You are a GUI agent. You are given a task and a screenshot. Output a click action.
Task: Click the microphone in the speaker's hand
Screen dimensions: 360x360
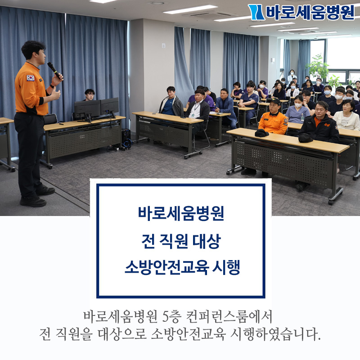point(54,70)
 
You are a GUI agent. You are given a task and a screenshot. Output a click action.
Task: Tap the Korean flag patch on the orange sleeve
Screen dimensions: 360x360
point(31,78)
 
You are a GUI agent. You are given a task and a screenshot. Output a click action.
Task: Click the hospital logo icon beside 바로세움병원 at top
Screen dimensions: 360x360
point(256,12)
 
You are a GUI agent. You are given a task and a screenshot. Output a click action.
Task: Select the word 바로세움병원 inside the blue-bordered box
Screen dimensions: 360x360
point(181,213)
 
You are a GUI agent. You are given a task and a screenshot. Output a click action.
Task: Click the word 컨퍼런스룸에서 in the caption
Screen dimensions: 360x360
point(229,316)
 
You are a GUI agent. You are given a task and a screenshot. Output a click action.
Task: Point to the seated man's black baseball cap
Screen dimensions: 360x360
point(274,101)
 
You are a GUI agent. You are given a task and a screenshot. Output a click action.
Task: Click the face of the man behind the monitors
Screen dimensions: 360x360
point(90,95)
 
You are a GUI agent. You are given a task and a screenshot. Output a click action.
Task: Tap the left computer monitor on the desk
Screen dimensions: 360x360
point(87,108)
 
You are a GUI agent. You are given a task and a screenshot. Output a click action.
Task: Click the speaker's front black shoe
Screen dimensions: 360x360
point(33,202)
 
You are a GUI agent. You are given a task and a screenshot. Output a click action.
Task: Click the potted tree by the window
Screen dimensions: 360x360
point(318,67)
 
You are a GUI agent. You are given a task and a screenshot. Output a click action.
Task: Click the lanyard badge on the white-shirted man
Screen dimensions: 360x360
point(193,114)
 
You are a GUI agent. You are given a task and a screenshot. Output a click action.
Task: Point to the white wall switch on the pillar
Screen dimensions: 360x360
point(163,45)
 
